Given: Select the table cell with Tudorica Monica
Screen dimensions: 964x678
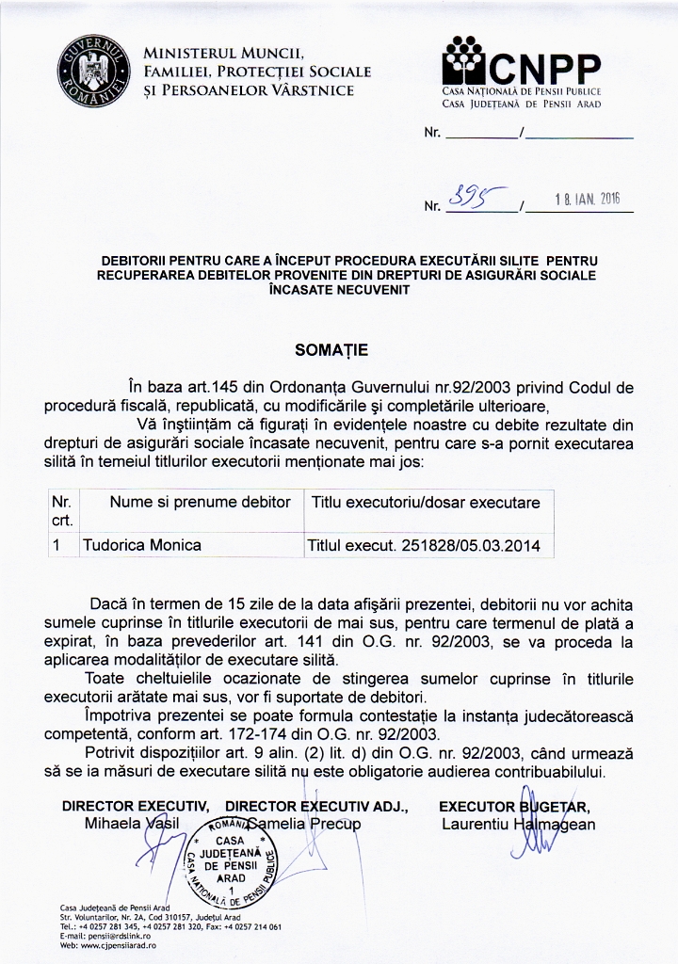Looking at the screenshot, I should (x=141, y=545).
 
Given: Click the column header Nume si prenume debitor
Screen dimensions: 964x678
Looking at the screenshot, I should (x=200, y=503).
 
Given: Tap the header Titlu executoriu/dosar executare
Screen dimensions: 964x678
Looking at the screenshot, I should (x=426, y=503).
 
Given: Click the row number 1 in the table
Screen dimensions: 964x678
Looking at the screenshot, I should (x=57, y=545).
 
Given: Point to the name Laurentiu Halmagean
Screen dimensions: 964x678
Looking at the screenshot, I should (x=518, y=825).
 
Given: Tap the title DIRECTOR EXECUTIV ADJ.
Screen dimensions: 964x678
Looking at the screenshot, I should (x=316, y=806).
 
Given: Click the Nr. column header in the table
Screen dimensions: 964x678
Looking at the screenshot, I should (x=62, y=511).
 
